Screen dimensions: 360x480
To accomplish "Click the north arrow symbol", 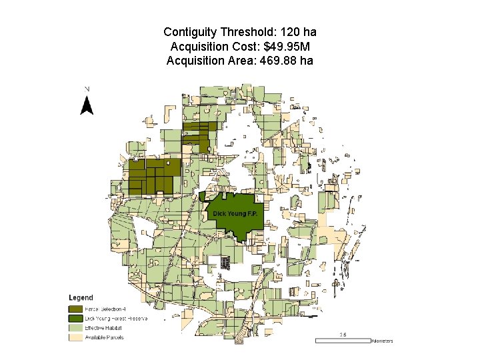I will [x=86, y=106].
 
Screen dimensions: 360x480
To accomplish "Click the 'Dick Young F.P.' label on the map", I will [x=235, y=213].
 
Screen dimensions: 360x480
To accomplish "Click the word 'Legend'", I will [x=81, y=297].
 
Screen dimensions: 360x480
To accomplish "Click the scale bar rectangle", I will [x=342, y=341].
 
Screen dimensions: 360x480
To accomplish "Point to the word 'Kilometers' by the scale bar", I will [x=383, y=341].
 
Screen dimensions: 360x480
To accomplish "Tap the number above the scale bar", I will [x=343, y=335].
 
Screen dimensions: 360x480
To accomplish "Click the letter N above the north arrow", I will [x=87, y=89].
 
